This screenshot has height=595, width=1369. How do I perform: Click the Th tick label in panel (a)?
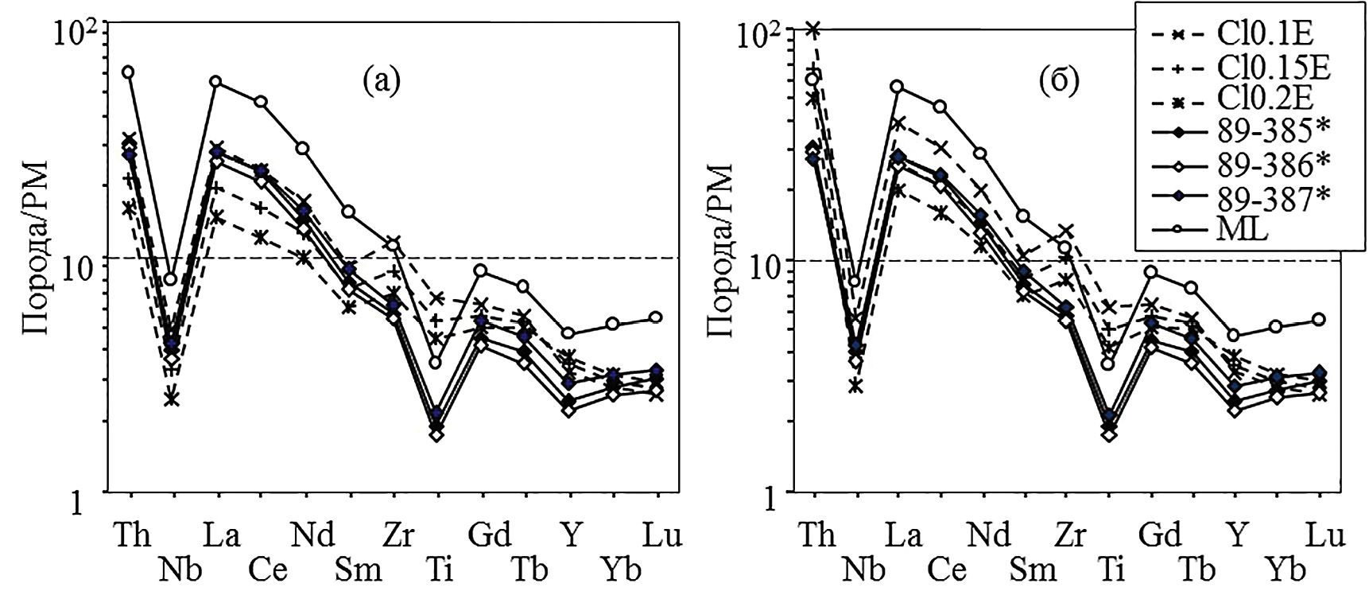pos(131,535)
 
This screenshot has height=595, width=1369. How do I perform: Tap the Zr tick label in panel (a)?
pos(397,535)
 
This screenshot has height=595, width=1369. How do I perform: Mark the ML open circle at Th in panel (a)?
pos(127,72)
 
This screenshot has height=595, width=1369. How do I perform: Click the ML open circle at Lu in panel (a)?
pos(655,317)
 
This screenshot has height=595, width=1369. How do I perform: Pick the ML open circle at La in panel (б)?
pos(898,86)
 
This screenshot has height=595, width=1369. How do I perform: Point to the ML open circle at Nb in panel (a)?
pos(171,279)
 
